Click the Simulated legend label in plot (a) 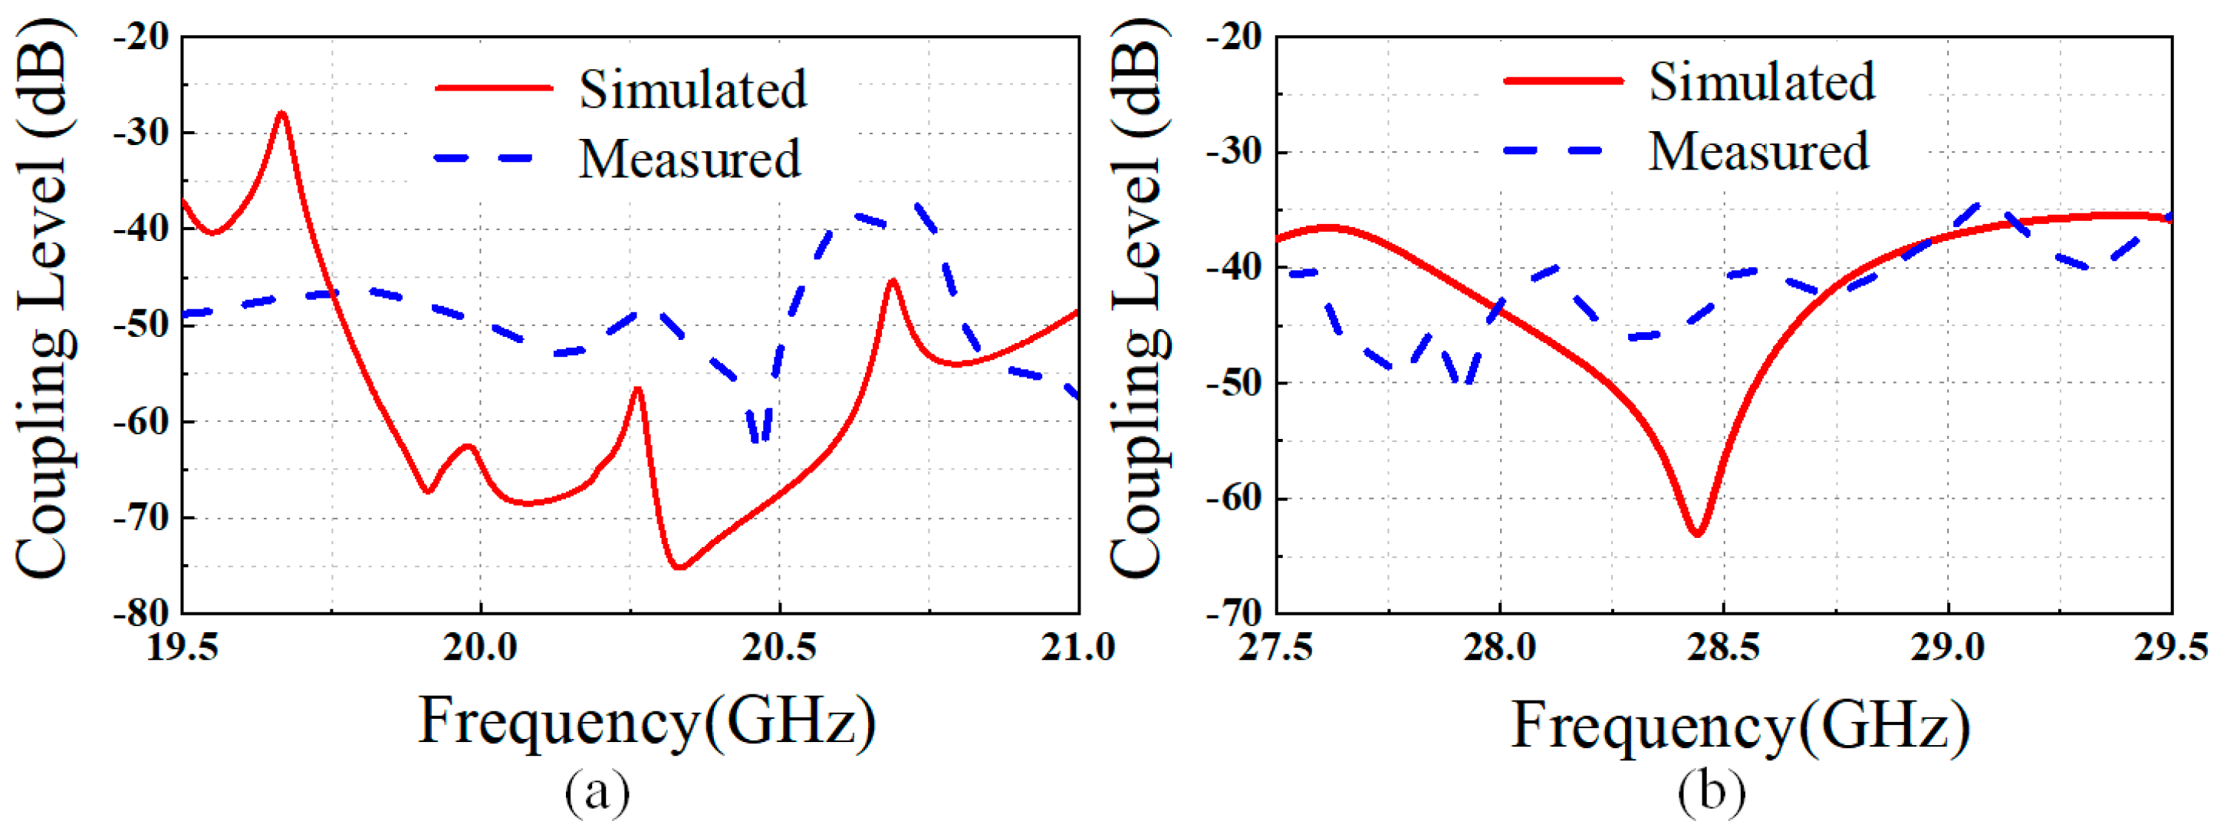[692, 89]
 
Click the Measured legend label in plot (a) [689, 160]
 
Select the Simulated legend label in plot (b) [1761, 82]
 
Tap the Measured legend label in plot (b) [1758, 152]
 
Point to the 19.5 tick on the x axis [183, 647]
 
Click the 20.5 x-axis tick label [780, 647]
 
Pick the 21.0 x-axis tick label [1077, 647]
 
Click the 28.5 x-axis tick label [1723, 647]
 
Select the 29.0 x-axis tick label [1948, 647]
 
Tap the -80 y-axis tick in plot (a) [141, 613]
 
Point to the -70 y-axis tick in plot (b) [1234, 613]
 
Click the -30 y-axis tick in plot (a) [141, 133]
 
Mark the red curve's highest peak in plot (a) [281, 113]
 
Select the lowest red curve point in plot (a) [679, 568]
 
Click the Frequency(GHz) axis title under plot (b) [1740, 726]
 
